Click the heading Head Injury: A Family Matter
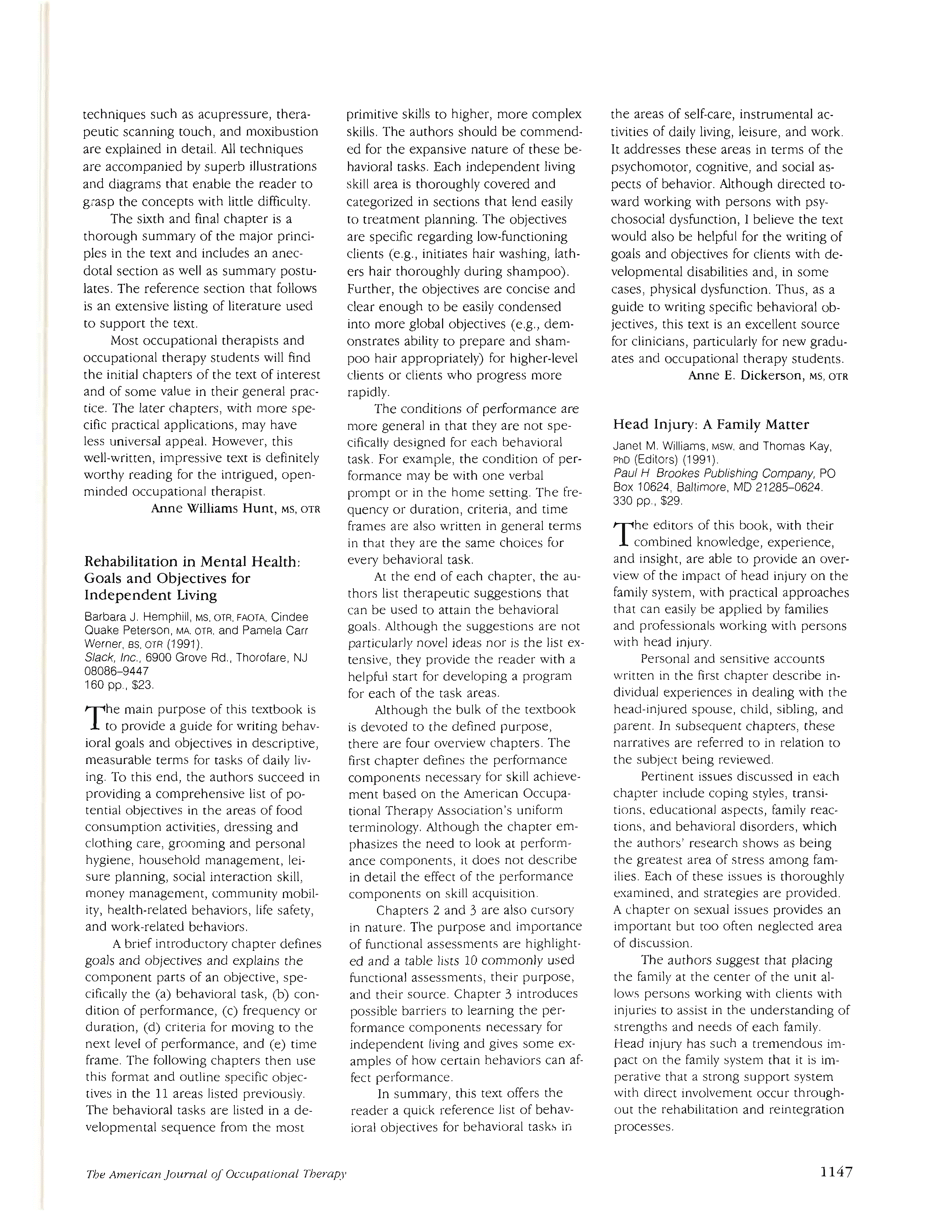(x=711, y=425)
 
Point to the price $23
(x=142, y=685)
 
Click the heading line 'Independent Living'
(x=150, y=595)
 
